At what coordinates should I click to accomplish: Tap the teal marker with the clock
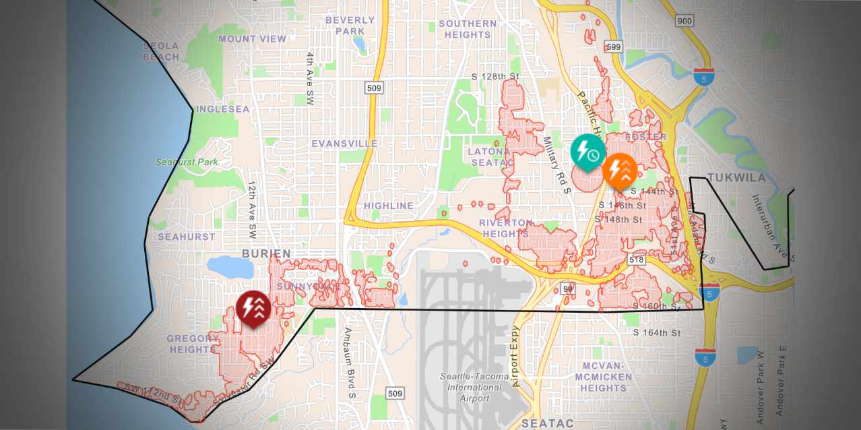pos(587,151)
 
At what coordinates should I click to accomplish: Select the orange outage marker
pos(620,170)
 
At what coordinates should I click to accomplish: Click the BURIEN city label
pos(266,254)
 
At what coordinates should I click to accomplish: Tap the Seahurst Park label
pos(187,162)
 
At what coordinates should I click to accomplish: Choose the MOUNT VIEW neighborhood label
pos(252,39)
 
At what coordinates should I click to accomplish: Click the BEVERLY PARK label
pos(350,26)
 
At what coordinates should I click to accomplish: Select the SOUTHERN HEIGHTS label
pos(468,29)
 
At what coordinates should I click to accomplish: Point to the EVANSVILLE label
pos(344,144)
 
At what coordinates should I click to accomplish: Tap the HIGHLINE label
pos(389,206)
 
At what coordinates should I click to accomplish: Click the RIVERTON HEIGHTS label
pos(506,228)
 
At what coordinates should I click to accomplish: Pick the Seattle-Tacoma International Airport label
pos(471,387)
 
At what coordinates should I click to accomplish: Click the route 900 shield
pos(684,21)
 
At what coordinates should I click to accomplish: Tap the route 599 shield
pos(612,47)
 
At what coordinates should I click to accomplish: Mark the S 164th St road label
pos(657,333)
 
